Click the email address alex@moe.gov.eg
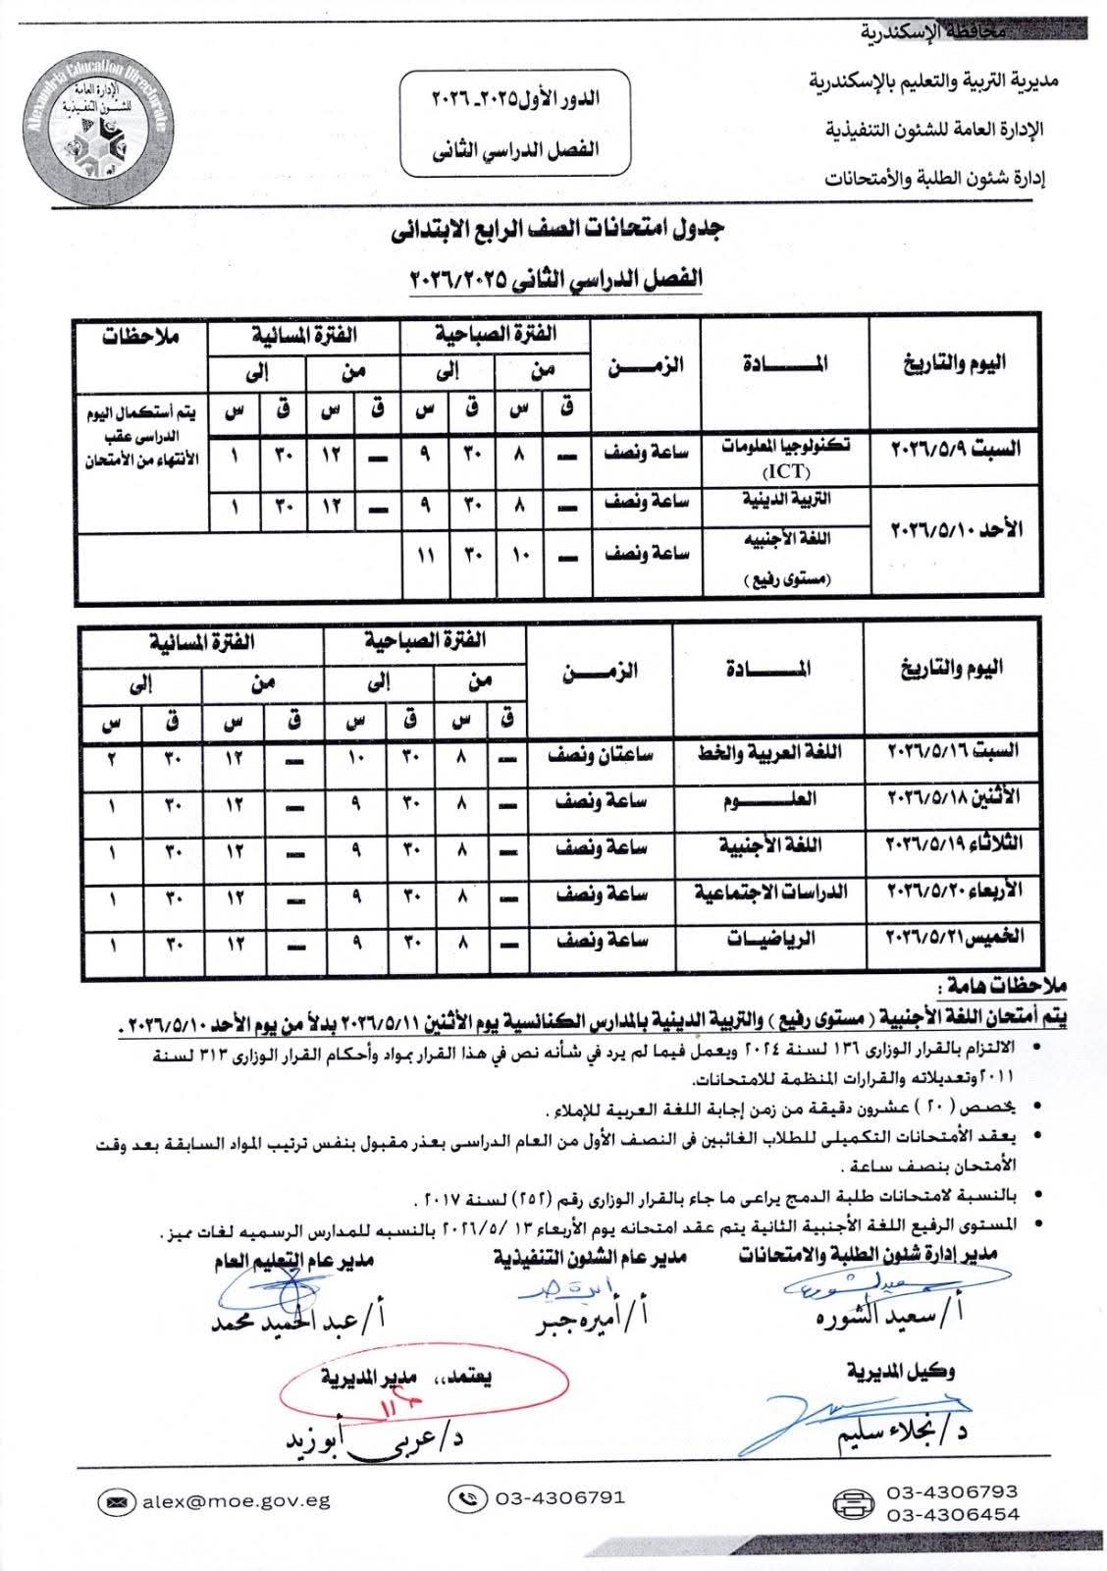point(237,1500)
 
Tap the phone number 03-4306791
point(559,1498)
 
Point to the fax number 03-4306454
point(952,1515)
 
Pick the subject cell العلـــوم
point(782,799)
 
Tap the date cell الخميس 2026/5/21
point(954,938)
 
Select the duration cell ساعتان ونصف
point(604,753)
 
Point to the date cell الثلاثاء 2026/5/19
point(954,845)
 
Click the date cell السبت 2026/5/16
point(954,753)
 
